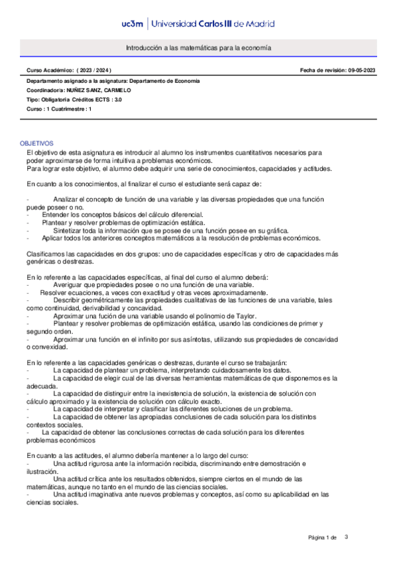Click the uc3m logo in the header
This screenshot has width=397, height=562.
(x=136, y=24)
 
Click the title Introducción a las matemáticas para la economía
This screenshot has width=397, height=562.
(x=199, y=48)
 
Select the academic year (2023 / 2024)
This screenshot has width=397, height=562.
(x=94, y=70)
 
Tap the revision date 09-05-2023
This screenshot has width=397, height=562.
(x=363, y=70)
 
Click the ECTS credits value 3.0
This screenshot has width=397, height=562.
(x=117, y=99)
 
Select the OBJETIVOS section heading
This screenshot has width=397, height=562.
(x=37, y=143)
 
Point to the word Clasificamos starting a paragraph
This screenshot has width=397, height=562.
(x=46, y=254)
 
